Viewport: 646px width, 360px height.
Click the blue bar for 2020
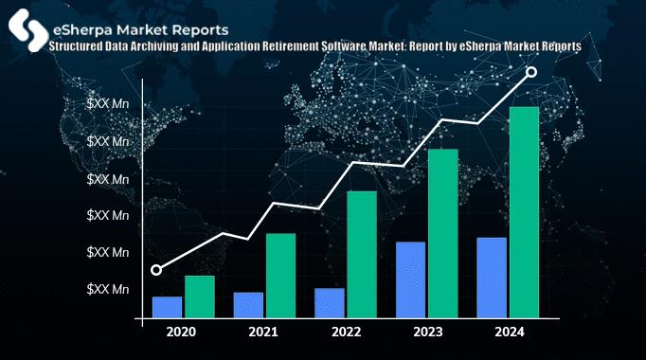(167, 308)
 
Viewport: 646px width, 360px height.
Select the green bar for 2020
(199, 297)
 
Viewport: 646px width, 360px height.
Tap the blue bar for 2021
(248, 306)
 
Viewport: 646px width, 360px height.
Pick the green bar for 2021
(280, 276)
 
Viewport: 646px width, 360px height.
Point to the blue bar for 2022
(330, 303)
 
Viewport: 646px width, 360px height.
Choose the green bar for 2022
(362, 255)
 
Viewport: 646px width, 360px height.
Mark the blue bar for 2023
(410, 280)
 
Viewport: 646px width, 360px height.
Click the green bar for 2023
(443, 234)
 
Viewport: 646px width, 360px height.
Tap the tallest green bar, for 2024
(525, 212)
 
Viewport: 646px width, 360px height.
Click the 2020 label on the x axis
(181, 332)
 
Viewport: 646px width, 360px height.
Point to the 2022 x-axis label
(346, 332)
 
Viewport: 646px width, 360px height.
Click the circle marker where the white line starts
(156, 270)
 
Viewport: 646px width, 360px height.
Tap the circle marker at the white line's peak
(531, 72)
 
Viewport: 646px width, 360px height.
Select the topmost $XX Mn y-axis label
(107, 103)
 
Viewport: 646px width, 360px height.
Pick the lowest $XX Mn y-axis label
(107, 289)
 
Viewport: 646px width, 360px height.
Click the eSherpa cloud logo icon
(26, 26)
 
